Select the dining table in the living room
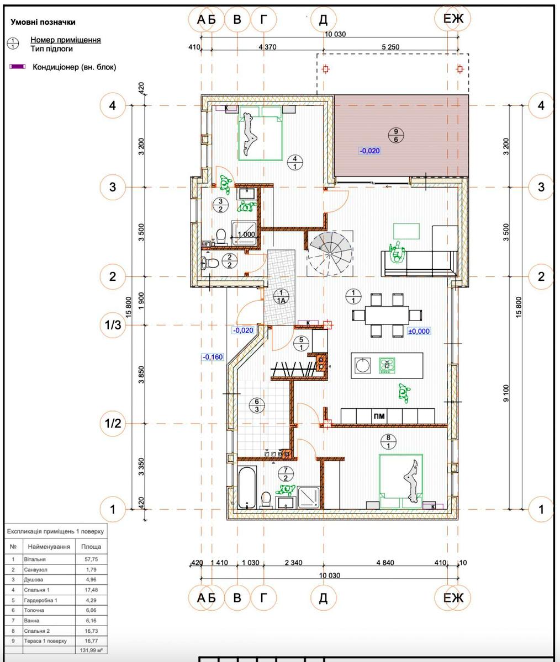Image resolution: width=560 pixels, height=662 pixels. click(387, 315)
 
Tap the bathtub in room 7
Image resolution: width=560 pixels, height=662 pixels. click(247, 487)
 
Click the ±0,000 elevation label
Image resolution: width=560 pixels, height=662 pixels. click(419, 332)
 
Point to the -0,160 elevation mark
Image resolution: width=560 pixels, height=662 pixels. click(213, 357)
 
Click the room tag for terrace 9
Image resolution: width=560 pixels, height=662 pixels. click(396, 135)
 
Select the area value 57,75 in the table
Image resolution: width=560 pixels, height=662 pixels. click(91, 559)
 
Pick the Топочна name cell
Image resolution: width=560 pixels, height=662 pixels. click(49, 610)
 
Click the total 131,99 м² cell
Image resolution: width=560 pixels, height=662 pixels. click(91, 650)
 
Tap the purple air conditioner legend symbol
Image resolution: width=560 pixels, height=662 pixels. click(18, 67)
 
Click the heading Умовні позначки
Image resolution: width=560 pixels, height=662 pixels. click(43, 22)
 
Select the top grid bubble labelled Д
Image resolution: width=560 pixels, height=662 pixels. click(323, 19)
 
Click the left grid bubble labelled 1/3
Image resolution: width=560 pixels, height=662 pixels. click(113, 325)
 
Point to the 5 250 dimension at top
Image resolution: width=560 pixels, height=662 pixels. click(390, 47)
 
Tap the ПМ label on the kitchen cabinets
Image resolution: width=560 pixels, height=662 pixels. click(379, 415)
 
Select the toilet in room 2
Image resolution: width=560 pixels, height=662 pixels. click(209, 263)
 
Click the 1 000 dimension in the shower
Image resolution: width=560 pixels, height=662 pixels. click(246, 234)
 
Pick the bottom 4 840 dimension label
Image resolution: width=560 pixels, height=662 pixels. click(385, 563)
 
